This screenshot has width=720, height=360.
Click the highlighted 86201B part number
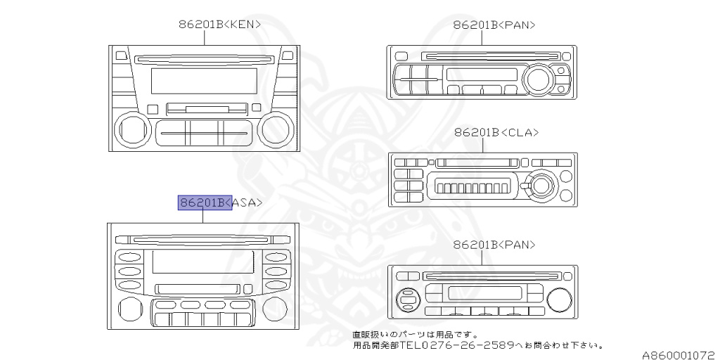tap(204, 202)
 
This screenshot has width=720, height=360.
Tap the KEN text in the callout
tap(243, 24)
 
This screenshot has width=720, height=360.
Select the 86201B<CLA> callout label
tap(496, 132)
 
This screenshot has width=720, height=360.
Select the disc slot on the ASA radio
tap(203, 239)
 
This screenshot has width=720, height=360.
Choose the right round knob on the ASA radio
tap(278, 307)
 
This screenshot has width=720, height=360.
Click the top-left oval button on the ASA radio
tap(129, 257)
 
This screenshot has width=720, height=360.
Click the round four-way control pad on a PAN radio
tap(407, 300)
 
